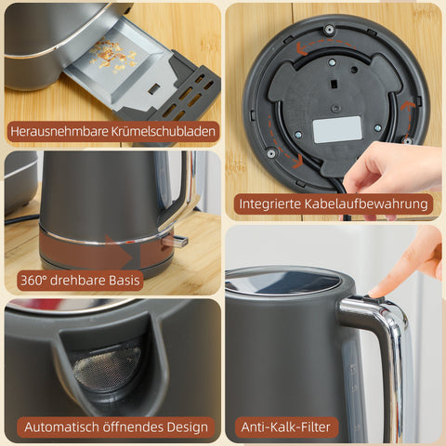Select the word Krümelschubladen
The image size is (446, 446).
(164, 132)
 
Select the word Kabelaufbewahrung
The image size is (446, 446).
(371, 203)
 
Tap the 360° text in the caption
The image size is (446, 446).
(34, 280)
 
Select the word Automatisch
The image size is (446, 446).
(62, 427)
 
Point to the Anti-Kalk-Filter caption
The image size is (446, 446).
(284, 427)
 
